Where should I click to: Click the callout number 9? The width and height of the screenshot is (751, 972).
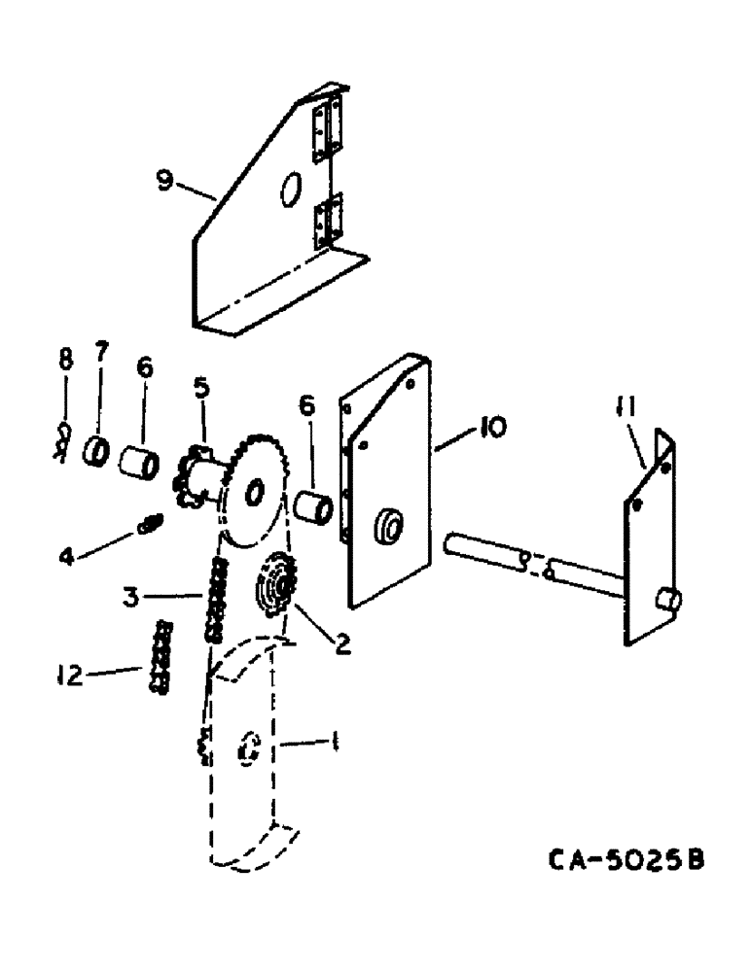coord(166,181)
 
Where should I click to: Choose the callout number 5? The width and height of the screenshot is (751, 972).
coord(199,388)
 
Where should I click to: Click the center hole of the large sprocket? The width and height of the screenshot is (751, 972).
coord(255,495)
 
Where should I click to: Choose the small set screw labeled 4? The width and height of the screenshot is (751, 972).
coord(151,527)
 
